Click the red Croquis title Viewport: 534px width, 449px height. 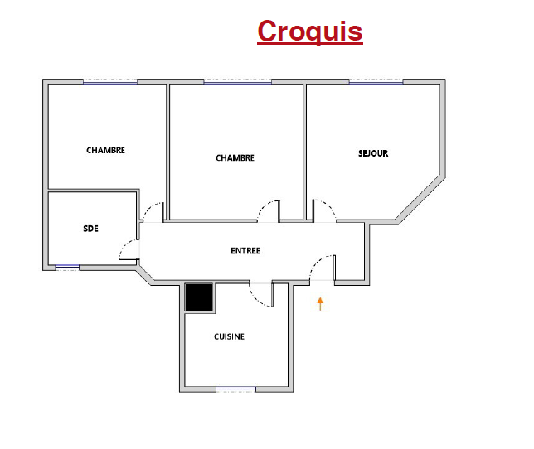(x=310, y=31)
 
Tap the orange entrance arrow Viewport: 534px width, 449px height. (x=320, y=304)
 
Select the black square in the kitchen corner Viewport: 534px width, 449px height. (x=199, y=297)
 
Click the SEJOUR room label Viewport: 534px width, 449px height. (x=373, y=153)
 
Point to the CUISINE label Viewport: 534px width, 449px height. (x=229, y=336)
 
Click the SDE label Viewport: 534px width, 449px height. (x=91, y=229)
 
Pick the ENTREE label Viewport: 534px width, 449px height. (x=245, y=251)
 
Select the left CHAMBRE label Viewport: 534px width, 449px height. (x=105, y=150)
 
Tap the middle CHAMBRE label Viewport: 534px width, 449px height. (x=235, y=158)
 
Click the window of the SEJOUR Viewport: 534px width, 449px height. (x=376, y=82)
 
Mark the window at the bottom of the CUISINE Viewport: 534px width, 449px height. (x=236, y=389)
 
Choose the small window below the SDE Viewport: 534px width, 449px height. (x=67, y=268)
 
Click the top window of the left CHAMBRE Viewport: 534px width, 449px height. (x=110, y=82)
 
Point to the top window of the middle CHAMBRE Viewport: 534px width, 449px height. (x=238, y=82)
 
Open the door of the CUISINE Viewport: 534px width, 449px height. (x=261, y=295)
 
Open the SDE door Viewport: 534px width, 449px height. (x=129, y=249)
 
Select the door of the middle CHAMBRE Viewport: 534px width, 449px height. (x=269, y=211)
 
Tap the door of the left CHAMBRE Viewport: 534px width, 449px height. (x=153, y=212)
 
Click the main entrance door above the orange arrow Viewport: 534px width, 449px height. (x=323, y=268)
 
